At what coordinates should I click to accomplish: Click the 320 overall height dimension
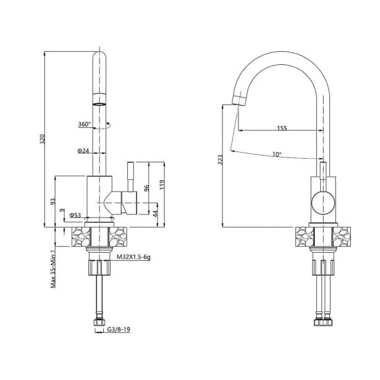43,139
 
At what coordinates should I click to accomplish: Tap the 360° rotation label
84,124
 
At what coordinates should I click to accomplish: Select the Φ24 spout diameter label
83,151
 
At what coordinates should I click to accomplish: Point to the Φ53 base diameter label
75,215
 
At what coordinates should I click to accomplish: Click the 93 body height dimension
53,201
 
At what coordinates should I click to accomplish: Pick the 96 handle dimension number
146,188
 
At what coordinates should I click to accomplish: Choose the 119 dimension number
162,184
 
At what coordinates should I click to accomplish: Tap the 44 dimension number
156,213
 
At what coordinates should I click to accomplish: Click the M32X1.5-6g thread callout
133,257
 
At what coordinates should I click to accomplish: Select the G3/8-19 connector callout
119,329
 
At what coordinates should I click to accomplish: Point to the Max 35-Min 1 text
53,268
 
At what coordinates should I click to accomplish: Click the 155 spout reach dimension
282,128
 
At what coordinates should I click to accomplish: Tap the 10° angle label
277,154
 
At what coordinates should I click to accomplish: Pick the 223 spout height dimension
220,160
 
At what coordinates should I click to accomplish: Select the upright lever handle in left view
130,177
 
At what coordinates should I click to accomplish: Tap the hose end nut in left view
99,323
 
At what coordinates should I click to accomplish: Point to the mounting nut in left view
99,267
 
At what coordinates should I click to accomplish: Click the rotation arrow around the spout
102,127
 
